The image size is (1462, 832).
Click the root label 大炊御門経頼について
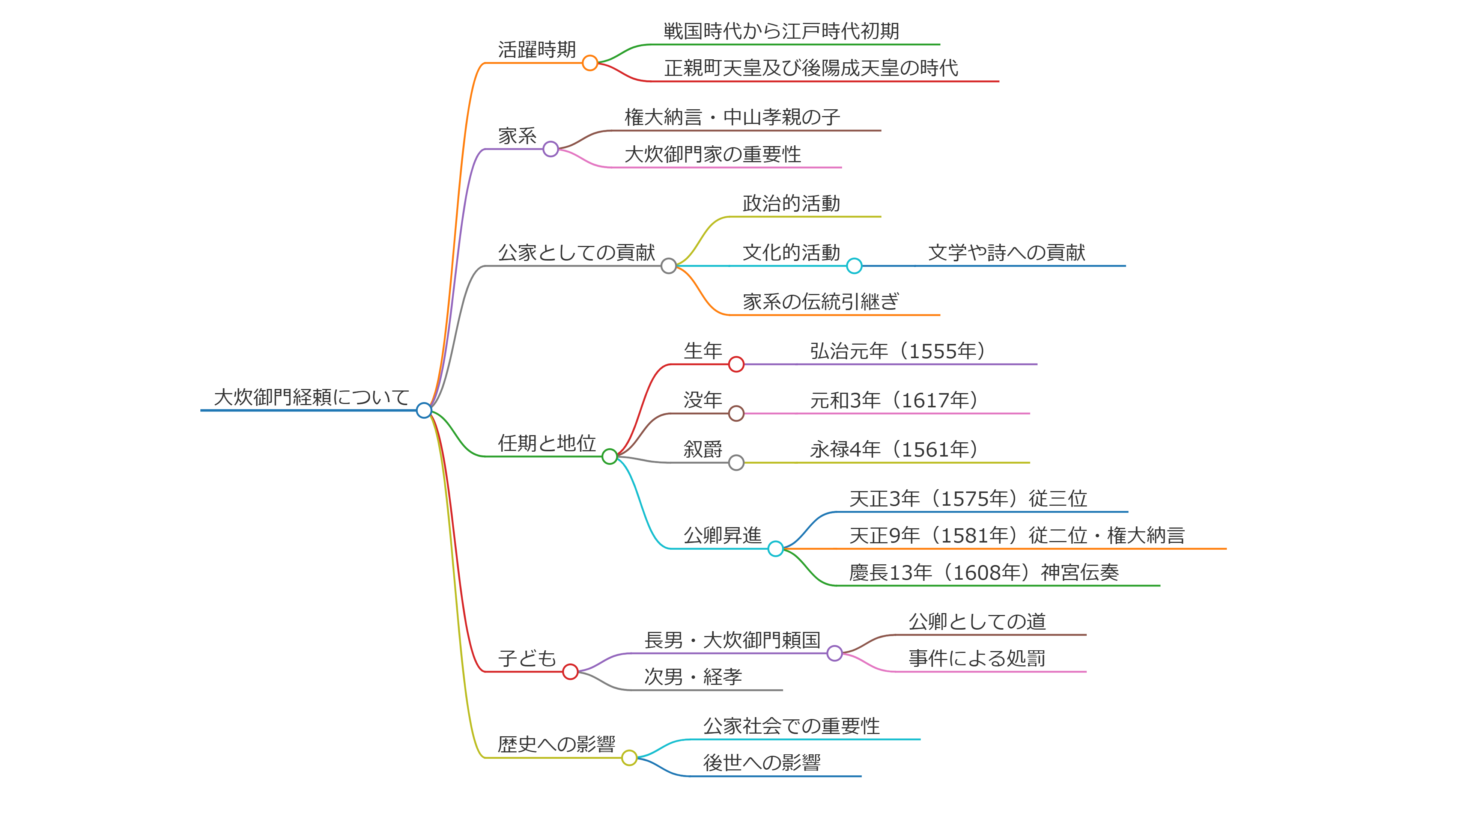click(x=311, y=397)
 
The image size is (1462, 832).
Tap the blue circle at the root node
click(x=424, y=410)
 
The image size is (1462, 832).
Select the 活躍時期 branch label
click(x=537, y=50)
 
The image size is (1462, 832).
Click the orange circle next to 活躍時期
click(x=590, y=63)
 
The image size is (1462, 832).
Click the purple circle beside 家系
click(x=551, y=149)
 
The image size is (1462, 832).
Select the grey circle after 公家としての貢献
click(x=669, y=266)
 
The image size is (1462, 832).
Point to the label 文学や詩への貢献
click(x=1006, y=253)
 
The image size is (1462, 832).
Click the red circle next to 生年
click(x=737, y=364)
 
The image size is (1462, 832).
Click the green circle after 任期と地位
click(x=610, y=457)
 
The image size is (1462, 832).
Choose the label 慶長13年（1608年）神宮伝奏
click(x=984, y=573)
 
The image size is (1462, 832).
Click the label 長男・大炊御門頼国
click(x=732, y=641)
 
